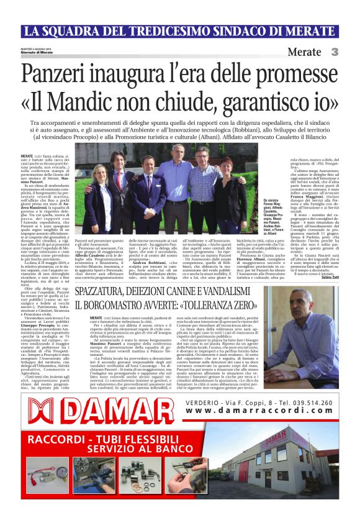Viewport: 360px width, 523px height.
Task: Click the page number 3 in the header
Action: tap(335, 52)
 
